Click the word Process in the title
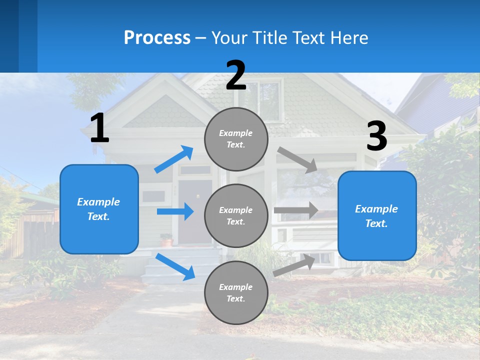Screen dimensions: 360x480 157,37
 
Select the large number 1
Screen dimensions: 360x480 99,128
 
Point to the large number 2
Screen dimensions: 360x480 236,75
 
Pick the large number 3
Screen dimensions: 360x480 376,136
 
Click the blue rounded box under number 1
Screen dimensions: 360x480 99,209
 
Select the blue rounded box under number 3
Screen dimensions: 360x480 377,215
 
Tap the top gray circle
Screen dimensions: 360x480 236,138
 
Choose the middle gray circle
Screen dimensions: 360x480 236,215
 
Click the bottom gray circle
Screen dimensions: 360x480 236,292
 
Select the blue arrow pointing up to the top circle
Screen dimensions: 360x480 174,159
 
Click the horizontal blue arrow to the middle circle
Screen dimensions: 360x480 175,211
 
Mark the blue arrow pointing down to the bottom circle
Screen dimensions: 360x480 175,266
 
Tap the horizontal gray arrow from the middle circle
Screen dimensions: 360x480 296,210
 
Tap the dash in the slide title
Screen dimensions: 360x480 201,38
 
